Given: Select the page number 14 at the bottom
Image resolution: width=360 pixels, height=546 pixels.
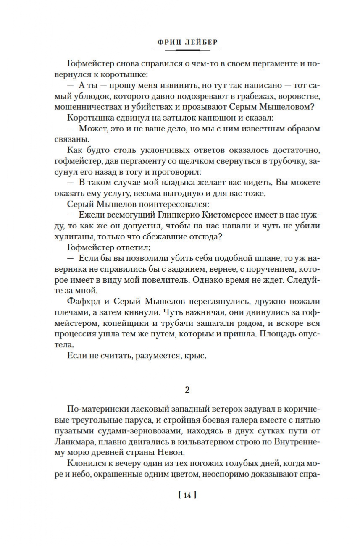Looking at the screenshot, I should pos(187,495).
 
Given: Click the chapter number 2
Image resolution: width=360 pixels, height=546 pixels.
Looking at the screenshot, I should pos(187,389).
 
